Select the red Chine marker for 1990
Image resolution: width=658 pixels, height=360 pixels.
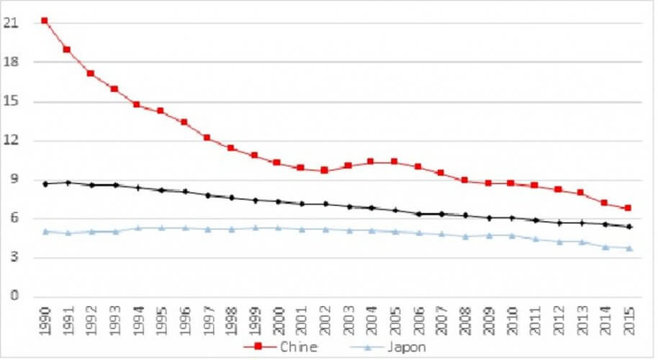click(45, 20)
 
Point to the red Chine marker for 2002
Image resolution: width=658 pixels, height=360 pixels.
click(324, 171)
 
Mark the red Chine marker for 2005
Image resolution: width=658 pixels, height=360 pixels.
click(394, 162)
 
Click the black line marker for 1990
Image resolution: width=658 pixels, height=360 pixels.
click(45, 184)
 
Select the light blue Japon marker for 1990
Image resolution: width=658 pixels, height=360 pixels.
click(45, 232)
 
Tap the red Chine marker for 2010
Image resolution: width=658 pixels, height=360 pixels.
click(510, 184)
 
